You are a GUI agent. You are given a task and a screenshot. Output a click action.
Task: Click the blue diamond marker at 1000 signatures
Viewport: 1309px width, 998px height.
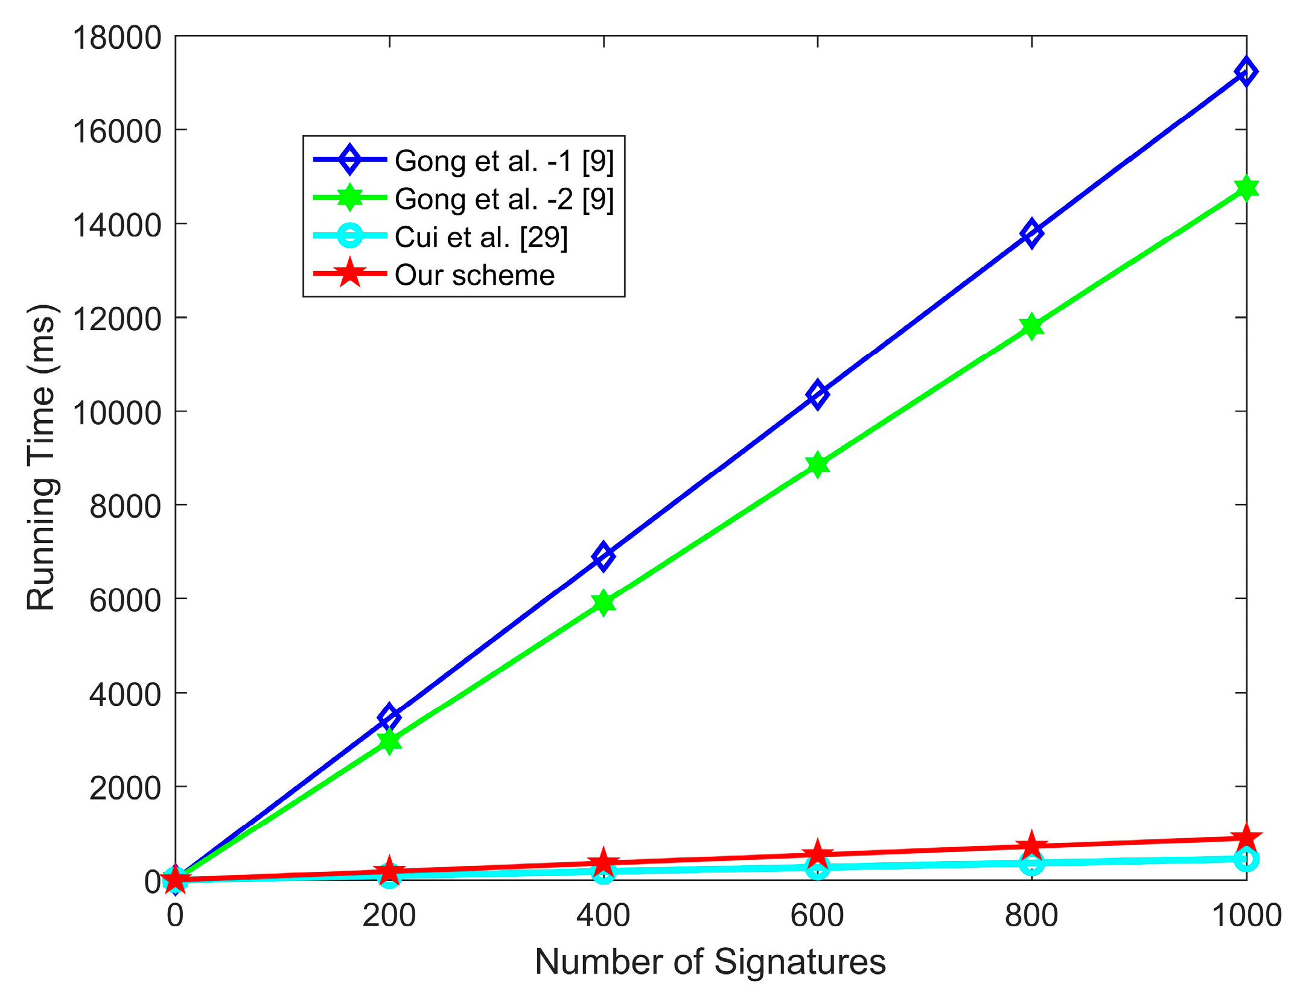point(1245,72)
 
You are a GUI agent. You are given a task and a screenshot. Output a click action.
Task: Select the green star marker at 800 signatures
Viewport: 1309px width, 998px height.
point(1031,326)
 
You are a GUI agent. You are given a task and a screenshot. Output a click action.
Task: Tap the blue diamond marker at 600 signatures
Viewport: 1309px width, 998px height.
point(817,395)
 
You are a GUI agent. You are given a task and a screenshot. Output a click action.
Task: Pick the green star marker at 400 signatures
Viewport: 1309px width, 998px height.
point(603,602)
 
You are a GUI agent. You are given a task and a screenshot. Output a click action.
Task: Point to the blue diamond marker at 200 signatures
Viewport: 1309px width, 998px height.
point(389,717)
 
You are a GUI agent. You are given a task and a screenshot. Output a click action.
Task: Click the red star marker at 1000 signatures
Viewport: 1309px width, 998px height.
point(1245,838)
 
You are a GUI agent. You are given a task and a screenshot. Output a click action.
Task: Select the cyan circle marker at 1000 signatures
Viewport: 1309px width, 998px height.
point(1245,859)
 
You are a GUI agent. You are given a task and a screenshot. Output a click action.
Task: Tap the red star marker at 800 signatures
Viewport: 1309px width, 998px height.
point(1031,846)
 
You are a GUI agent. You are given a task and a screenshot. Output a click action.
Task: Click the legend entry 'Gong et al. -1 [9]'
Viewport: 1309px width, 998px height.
point(504,161)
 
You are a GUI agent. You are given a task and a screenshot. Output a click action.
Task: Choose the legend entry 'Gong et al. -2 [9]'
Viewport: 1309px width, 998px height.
point(504,199)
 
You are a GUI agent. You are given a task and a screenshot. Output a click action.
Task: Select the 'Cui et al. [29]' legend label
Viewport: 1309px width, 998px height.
point(481,237)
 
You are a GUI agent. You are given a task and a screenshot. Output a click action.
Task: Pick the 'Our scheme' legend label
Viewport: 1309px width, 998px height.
point(474,275)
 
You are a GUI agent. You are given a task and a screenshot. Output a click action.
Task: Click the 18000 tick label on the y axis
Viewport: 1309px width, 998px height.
point(117,37)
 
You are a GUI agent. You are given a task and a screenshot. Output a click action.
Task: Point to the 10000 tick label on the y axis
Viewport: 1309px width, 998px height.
point(117,413)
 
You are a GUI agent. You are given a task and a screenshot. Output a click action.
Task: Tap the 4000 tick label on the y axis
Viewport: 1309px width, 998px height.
point(126,694)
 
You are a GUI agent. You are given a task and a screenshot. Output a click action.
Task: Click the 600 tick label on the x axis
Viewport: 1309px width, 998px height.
point(817,915)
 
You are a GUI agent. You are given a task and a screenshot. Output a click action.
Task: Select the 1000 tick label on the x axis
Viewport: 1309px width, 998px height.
point(1246,915)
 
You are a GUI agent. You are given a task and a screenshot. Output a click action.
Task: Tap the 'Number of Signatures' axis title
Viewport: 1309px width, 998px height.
point(710,962)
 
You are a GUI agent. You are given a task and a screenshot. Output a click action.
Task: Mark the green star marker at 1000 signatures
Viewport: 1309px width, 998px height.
point(1245,188)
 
